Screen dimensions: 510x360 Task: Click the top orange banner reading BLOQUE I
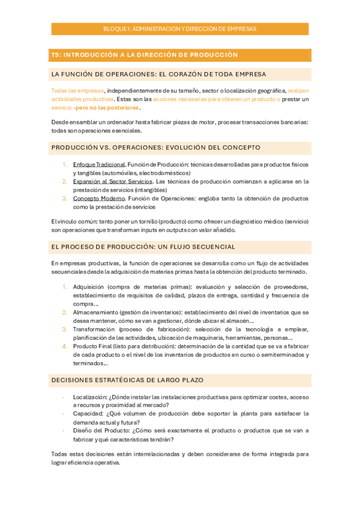point(180,29)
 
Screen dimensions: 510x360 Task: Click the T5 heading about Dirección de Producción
point(144,55)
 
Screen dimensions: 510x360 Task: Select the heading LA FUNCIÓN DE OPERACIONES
point(159,75)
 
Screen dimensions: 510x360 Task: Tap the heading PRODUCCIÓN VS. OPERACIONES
point(156,147)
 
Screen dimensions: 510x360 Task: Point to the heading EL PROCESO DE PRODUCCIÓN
point(143,247)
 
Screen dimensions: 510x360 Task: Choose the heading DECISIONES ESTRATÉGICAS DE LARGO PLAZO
point(127,380)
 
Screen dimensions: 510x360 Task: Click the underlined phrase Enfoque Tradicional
point(99,165)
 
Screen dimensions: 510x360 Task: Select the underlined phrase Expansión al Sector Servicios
point(112,181)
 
